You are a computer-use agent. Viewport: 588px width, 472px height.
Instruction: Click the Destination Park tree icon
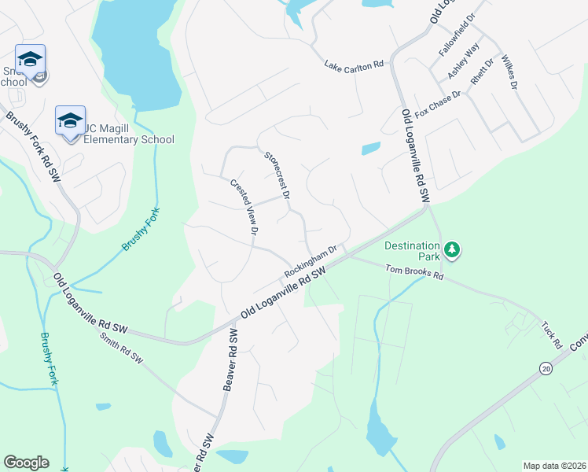[451, 251]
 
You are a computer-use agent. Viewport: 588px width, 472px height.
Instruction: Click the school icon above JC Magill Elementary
[70, 120]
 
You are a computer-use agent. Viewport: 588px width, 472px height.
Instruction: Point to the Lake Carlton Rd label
[353, 64]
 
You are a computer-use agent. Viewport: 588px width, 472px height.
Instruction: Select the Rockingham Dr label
[311, 260]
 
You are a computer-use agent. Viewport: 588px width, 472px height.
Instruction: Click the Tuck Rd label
[551, 334]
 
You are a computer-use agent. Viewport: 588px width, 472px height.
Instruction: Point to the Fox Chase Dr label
[439, 101]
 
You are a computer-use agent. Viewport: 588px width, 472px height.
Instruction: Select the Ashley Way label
[463, 61]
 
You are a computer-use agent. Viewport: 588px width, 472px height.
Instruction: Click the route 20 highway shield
[545, 367]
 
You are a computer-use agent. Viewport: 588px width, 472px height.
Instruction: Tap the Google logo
[26, 463]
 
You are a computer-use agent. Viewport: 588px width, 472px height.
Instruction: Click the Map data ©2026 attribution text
[554, 466]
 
